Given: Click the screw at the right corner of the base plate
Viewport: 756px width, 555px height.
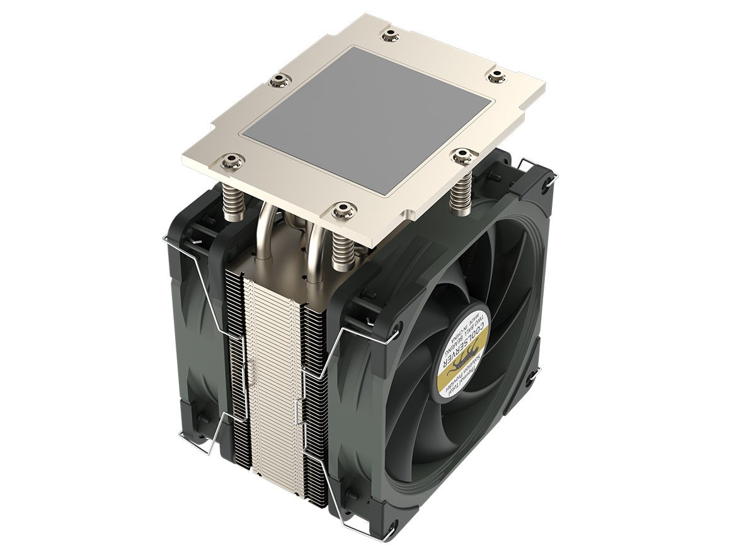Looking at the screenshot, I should click(498, 75).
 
